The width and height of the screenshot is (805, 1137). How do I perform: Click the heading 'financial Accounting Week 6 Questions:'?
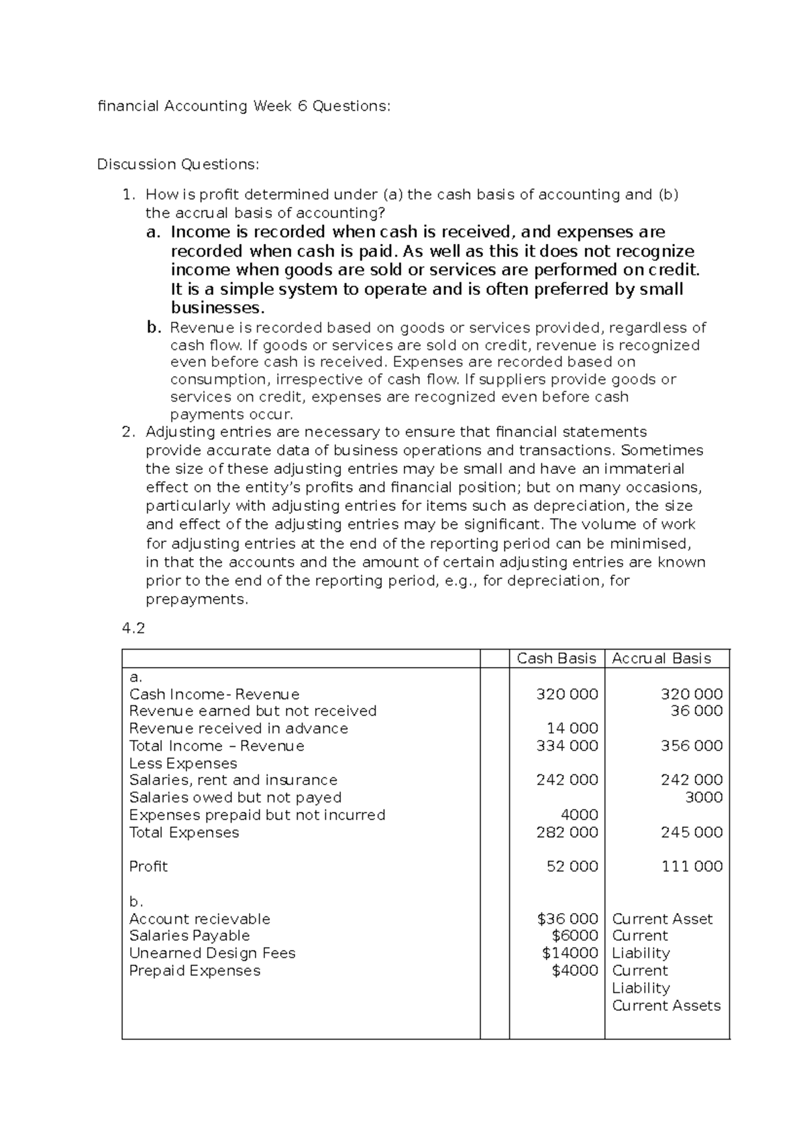(243, 106)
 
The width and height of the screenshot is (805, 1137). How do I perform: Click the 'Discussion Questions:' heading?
(177, 164)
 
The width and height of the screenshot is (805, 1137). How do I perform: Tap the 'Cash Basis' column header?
(556, 658)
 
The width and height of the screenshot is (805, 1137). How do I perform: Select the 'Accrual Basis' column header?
(661, 658)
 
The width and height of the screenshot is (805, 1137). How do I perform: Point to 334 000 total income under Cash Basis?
(567, 745)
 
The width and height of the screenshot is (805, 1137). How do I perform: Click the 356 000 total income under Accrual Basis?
(692, 745)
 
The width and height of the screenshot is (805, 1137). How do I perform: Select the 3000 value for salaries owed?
(704, 797)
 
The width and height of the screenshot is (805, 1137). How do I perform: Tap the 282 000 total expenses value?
(567, 832)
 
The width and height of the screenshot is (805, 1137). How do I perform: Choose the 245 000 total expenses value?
(692, 832)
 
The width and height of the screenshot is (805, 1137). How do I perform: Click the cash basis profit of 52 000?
(572, 866)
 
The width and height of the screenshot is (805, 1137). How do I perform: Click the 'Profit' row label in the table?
(148, 866)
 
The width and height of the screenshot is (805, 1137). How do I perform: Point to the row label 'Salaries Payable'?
(189, 935)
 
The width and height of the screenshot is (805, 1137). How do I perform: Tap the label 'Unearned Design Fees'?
(212, 953)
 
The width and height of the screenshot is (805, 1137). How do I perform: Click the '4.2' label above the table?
(133, 628)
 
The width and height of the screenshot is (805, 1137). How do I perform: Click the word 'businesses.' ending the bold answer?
(218, 308)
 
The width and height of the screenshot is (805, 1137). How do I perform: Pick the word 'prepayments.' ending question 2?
(197, 599)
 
